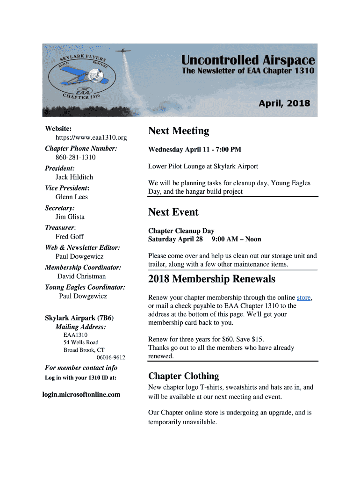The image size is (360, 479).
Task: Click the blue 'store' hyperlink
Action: tap(304, 298)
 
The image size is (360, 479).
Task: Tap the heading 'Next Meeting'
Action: tap(179, 131)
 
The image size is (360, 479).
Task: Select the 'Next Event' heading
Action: tap(173, 212)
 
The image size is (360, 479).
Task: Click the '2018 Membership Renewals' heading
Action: tap(211, 279)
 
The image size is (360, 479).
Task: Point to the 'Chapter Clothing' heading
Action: tap(183, 376)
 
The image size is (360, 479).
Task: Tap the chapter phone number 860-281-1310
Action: tap(76, 158)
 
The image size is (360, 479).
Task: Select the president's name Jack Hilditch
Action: tap(74, 177)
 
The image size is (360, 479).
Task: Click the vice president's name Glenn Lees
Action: tap(72, 197)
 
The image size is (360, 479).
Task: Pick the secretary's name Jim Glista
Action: tap(70, 217)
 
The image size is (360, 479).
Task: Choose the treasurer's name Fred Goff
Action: tap(70, 237)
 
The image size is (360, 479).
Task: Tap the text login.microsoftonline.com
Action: tap(81, 394)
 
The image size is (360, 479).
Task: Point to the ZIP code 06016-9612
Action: tap(111, 358)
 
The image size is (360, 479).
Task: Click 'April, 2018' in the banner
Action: tap(284, 103)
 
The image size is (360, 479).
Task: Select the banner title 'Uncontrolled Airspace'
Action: tap(248, 60)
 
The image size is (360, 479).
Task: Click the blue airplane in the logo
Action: tap(79, 74)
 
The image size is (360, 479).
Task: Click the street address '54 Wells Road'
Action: tap(81, 342)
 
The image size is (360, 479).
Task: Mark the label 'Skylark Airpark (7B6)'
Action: tap(79, 318)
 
